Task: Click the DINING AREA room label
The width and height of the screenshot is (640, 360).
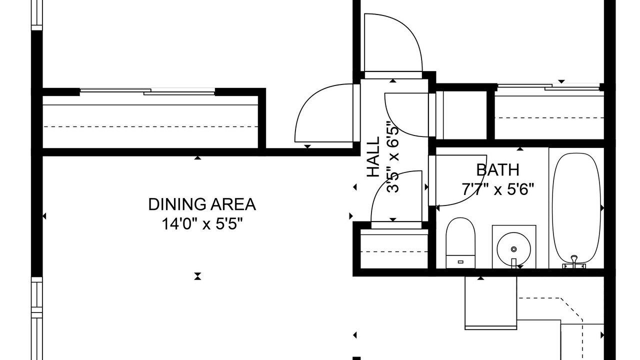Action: (202, 204)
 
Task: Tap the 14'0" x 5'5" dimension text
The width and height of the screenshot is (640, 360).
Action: (202, 223)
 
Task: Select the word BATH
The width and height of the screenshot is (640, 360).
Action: (497, 170)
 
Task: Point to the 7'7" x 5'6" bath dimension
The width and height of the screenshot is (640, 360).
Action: (497, 189)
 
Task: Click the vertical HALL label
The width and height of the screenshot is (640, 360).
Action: (373, 157)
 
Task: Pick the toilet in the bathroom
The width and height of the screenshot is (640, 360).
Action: (460, 243)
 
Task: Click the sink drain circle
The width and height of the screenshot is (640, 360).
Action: (513, 249)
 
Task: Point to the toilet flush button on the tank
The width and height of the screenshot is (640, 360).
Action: (460, 261)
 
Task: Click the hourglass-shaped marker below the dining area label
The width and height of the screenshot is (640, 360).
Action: (197, 276)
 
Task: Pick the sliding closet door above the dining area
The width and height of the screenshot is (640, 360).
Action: (147, 91)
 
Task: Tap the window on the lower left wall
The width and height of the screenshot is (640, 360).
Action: (36, 318)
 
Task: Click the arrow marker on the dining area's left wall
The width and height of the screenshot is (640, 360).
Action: (44, 216)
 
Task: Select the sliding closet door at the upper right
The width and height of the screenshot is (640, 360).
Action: (548, 87)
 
